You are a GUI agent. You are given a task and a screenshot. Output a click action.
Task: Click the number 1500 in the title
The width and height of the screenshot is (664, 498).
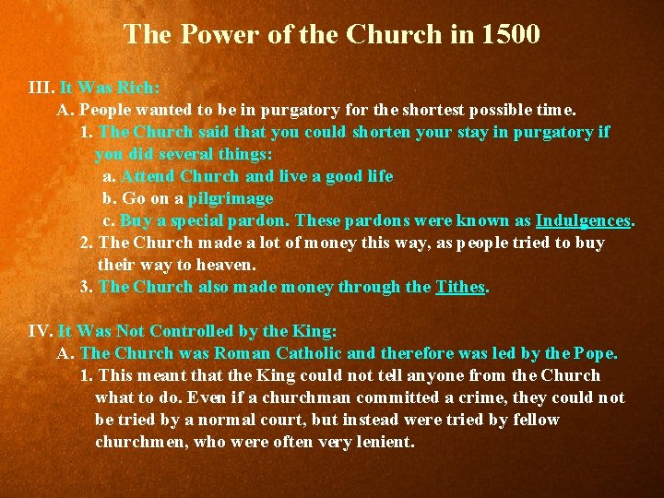pyautogui.click(x=510, y=35)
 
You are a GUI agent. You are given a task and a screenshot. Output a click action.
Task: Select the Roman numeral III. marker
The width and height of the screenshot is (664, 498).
pyautogui.click(x=41, y=89)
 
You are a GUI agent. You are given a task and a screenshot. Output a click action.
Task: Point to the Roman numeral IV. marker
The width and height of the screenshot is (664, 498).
pyautogui.click(x=41, y=331)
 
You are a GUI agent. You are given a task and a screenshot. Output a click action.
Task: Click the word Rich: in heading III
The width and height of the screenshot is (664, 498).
pyautogui.click(x=138, y=89)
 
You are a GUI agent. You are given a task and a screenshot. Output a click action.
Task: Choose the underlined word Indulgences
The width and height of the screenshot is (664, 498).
pyautogui.click(x=583, y=221)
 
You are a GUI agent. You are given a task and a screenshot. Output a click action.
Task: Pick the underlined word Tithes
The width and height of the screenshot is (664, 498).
pyautogui.click(x=460, y=287)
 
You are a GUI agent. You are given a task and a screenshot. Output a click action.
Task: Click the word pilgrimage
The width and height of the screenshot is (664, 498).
pyautogui.click(x=231, y=199)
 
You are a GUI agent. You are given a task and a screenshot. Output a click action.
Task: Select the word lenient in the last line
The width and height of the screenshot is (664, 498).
pyautogui.click(x=384, y=442)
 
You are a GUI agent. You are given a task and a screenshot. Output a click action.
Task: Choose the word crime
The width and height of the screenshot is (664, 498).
pyautogui.click(x=504, y=397)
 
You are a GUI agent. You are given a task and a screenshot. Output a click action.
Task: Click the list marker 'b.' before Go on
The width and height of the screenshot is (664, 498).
pyautogui.click(x=110, y=199)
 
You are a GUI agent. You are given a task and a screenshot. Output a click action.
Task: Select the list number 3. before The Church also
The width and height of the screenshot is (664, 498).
pyautogui.click(x=87, y=287)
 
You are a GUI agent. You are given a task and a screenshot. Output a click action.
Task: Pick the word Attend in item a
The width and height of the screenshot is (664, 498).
pyautogui.click(x=148, y=177)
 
